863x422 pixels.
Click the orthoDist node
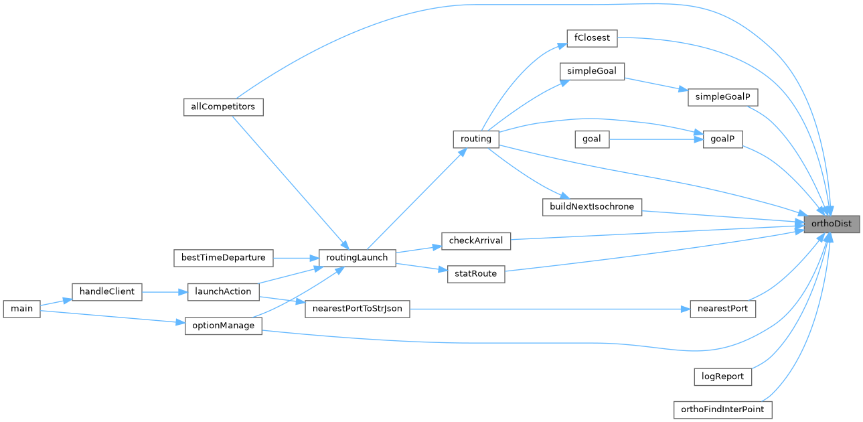tap(831, 224)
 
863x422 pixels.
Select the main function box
tap(21, 309)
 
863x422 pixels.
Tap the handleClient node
tap(106, 291)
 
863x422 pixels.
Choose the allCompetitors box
tap(223, 107)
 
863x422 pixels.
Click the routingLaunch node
tap(357, 257)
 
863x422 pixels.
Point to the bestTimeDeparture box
tap(223, 257)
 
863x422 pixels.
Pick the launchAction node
tap(223, 291)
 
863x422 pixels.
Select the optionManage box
tap(223, 326)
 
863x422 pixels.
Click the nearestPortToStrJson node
tap(357, 309)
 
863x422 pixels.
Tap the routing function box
tap(476, 139)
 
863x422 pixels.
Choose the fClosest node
tap(591, 38)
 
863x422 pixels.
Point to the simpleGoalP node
tap(722, 97)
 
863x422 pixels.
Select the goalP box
tap(723, 139)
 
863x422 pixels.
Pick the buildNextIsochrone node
tap(592, 206)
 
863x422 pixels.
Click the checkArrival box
tap(476, 240)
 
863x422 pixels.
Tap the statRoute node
tap(475, 275)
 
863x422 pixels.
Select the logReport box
tap(722, 376)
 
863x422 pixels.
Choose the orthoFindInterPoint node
tap(722, 409)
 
